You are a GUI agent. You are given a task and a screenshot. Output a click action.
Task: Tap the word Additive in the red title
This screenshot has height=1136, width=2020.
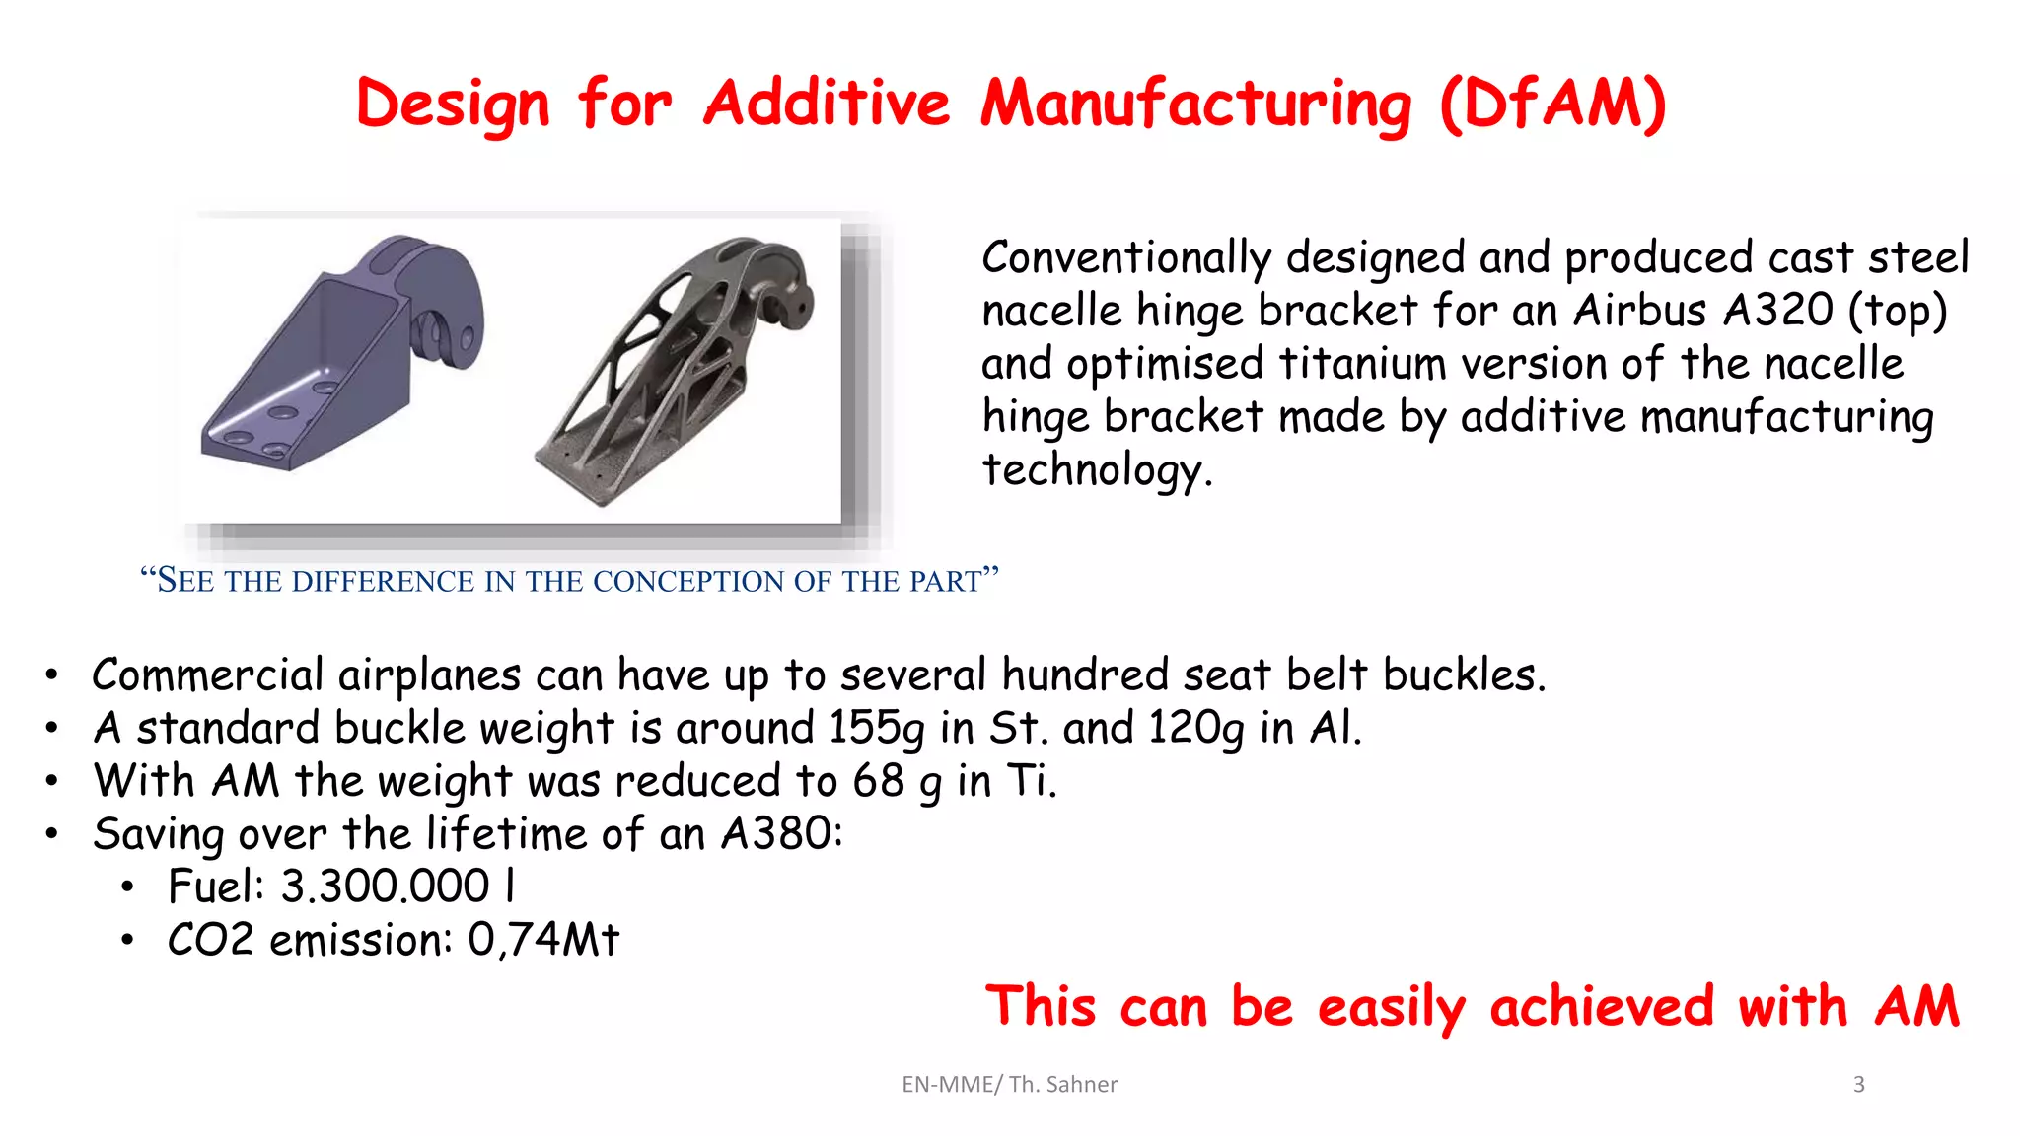coord(827,104)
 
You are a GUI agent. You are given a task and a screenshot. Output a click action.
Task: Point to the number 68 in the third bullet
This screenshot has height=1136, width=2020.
coord(879,781)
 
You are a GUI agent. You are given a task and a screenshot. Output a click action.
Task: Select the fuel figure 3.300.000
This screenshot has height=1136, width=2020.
coord(385,887)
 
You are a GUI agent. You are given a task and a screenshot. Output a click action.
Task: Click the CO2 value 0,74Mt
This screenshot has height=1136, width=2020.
coord(543,940)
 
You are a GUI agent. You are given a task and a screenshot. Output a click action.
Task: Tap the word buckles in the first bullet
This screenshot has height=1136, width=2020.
coord(1464,675)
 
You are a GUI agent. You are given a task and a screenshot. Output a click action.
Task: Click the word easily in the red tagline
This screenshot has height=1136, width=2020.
coord(1392,1007)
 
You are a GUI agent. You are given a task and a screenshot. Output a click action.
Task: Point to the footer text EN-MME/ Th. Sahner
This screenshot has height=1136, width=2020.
coord(1009,1084)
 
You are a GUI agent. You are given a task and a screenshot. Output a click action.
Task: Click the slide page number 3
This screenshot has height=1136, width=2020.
coord(1858,1084)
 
